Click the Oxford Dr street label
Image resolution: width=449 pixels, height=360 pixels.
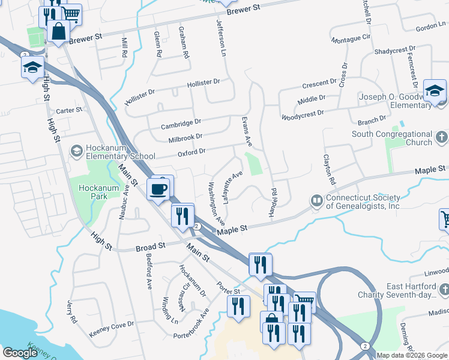pyautogui.click(x=192, y=153)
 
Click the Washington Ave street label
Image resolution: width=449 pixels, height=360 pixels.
pyautogui.click(x=216, y=201)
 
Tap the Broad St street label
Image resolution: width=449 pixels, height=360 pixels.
pyautogui.click(x=151, y=247)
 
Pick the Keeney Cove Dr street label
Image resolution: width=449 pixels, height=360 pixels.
pyautogui.click(x=111, y=328)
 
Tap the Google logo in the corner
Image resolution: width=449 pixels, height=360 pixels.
pyautogui.click(x=20, y=353)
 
